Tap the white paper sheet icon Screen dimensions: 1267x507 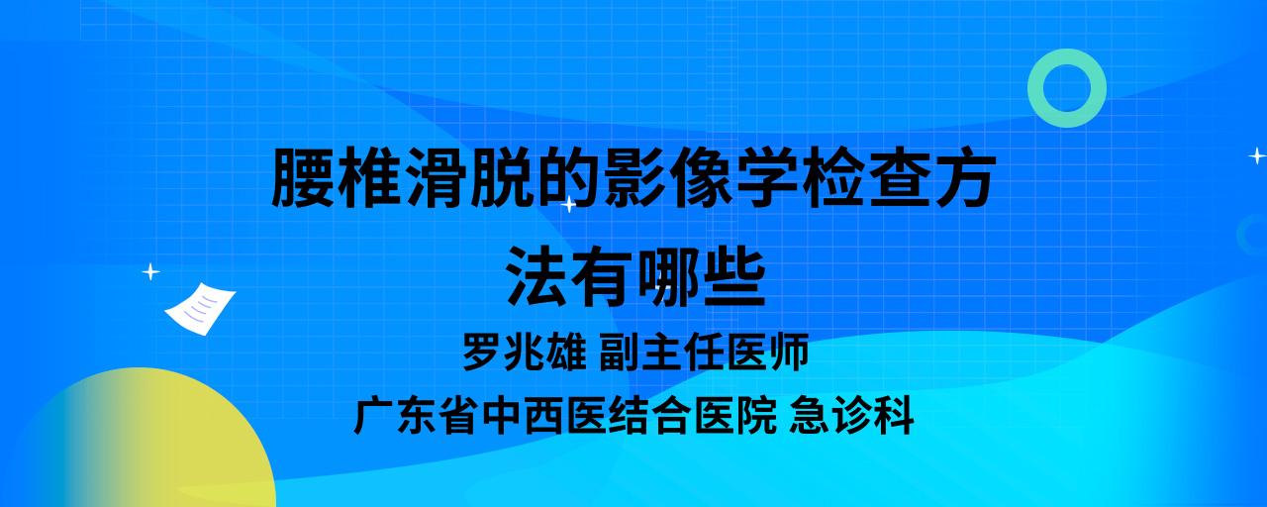pos(200,309)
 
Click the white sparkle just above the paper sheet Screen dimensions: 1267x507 pos(150,272)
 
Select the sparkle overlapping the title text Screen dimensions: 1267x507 pos(568,204)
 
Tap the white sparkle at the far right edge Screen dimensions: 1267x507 pos(1257,155)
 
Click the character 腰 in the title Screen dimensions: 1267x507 pos(303,177)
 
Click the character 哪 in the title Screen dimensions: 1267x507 pos(670,277)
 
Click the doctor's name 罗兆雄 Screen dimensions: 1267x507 pos(525,352)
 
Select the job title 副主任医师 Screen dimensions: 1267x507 pos(704,352)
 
